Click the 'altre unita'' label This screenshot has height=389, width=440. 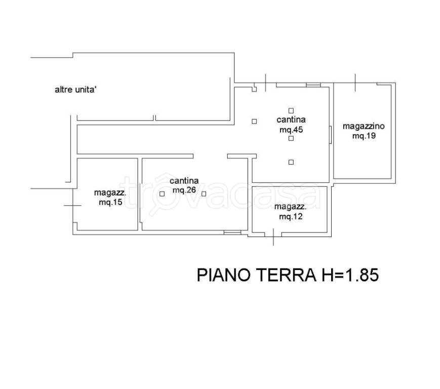76,90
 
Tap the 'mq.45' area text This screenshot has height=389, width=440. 291,130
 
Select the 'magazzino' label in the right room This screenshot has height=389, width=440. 364,126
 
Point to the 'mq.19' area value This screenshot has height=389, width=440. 364,136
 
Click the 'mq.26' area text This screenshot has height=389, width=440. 184,190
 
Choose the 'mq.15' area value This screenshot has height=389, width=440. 110,202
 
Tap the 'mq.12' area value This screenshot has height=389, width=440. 291,216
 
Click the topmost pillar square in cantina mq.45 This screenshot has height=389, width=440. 291,110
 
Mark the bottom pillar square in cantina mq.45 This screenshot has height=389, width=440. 291,162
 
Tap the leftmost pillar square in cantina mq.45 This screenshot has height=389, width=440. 254,122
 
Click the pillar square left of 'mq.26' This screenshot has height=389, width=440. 162,194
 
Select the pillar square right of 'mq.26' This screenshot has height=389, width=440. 204,194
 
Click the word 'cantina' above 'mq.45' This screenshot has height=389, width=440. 291,120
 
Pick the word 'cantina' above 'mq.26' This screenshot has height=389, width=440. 184,181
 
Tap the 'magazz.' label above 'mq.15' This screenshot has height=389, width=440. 110,193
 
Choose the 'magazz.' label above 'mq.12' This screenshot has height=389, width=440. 291,207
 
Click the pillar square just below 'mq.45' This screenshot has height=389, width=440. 291,138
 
